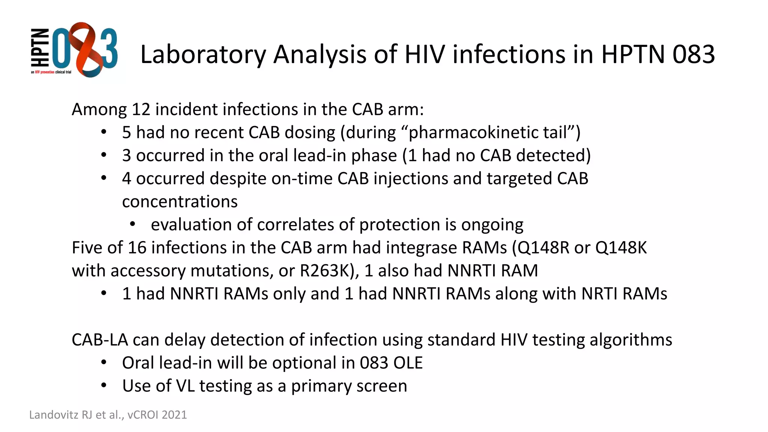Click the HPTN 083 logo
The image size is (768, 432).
[x=74, y=50]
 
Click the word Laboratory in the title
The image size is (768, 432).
[x=202, y=55]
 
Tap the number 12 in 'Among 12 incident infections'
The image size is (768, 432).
[x=141, y=109]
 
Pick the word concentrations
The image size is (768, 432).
[x=180, y=202]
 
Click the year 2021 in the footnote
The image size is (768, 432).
[x=174, y=415]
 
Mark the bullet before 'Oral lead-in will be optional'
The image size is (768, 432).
[x=104, y=363]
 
